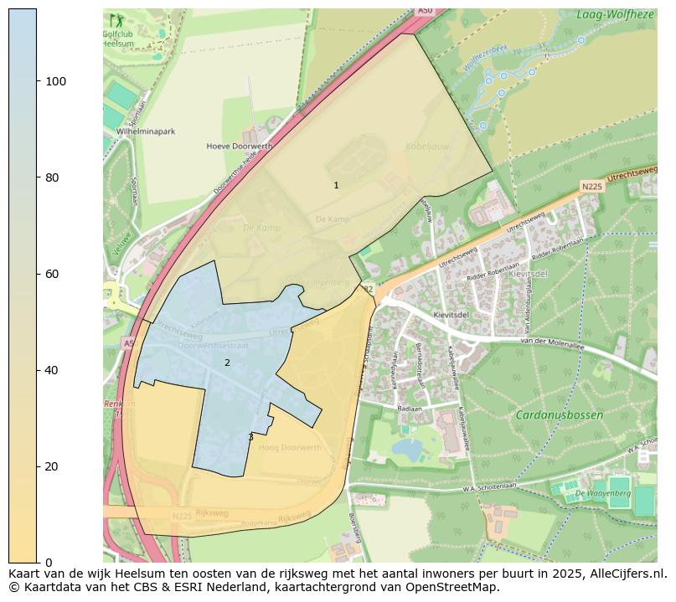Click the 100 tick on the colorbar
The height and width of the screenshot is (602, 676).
[x=39, y=81]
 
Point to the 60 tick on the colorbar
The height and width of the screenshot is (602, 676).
[x=39, y=274]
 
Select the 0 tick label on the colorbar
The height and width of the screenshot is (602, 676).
[x=49, y=563]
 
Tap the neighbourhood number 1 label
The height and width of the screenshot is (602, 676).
[x=336, y=185]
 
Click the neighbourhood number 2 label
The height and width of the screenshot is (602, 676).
[x=227, y=363]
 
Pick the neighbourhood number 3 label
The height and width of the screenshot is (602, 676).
[x=250, y=437]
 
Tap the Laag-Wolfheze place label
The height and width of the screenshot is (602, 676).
[x=615, y=14]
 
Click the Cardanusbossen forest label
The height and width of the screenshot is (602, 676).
[x=559, y=414]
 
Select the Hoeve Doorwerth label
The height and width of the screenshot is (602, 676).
[x=240, y=146]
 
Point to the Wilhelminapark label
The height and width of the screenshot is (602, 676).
[x=145, y=131]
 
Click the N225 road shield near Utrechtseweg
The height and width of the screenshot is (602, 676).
[x=591, y=187]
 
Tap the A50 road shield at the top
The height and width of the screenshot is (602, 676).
[x=425, y=11]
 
